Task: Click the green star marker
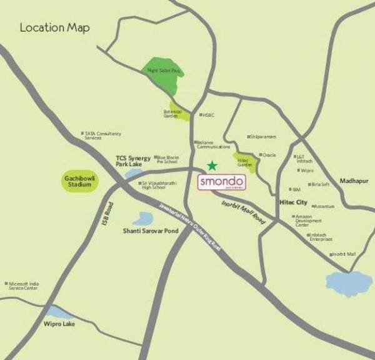click(212, 166)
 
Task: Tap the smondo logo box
click(222, 182)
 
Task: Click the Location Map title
click(55, 27)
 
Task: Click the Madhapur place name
click(354, 181)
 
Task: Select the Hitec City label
click(292, 202)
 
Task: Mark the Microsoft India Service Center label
click(24, 286)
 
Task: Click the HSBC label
click(209, 115)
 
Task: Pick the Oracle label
click(269, 155)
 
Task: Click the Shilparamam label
click(263, 136)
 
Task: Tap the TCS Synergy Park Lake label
click(133, 161)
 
